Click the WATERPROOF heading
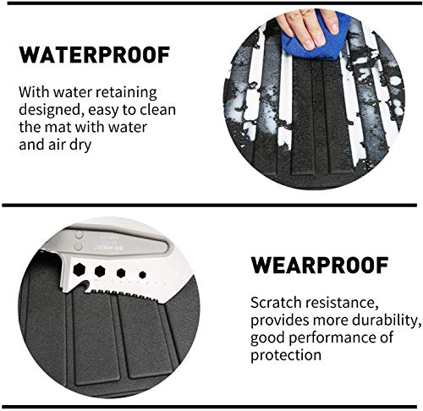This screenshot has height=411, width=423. click(x=95, y=55)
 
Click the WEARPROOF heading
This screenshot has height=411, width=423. click(x=320, y=266)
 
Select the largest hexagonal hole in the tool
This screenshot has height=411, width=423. click(x=80, y=270)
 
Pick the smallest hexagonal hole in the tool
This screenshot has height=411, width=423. click(x=142, y=275)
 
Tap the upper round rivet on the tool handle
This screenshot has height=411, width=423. click(x=80, y=234)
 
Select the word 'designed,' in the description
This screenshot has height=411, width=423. click(x=50, y=110)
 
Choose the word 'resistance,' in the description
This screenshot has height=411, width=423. click(x=342, y=304)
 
